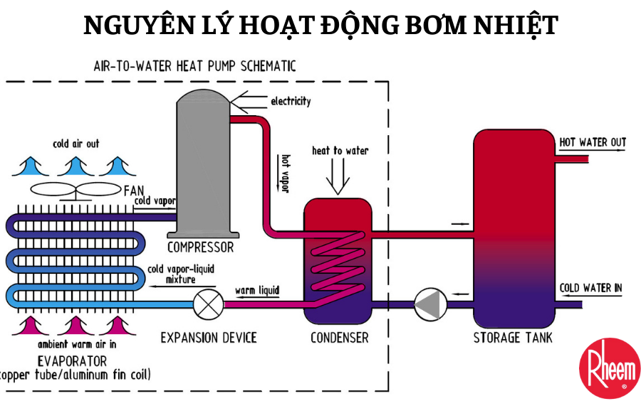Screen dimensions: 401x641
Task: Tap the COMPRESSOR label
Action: click(200, 247)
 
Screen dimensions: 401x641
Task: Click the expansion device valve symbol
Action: click(208, 304)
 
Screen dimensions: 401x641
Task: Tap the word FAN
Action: click(135, 191)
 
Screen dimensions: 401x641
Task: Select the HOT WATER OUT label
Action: click(593, 143)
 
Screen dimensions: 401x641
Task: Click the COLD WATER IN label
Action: click(590, 288)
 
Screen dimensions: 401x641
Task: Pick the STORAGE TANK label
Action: click(513, 338)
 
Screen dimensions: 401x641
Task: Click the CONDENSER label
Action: click(340, 338)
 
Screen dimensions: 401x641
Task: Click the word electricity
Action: click(291, 101)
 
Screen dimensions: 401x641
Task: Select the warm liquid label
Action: click(257, 290)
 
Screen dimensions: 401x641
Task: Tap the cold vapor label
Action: click(155, 202)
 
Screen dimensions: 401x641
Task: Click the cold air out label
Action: click(76, 144)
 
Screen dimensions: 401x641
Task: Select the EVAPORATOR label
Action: click(74, 361)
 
